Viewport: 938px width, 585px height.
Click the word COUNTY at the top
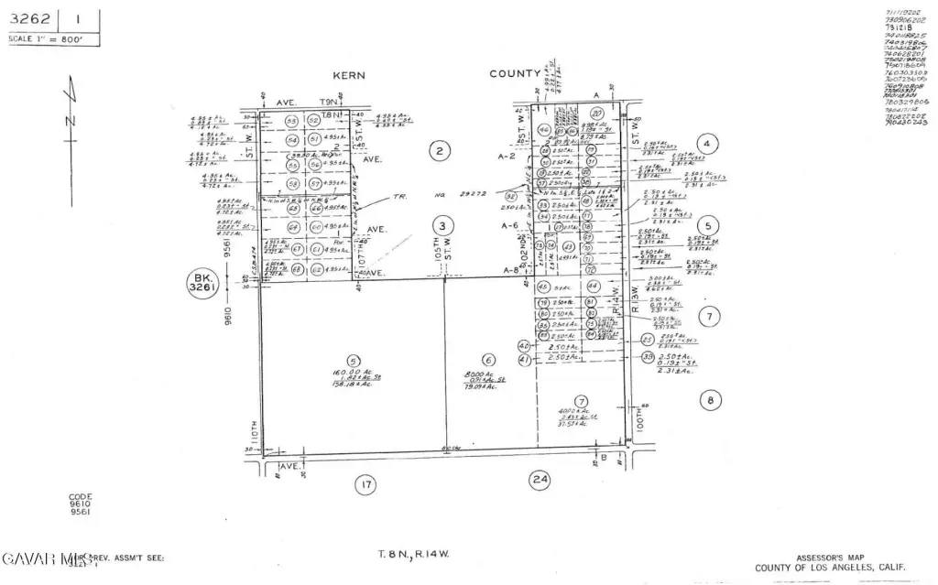[x=514, y=74]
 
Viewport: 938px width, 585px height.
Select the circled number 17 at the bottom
[x=366, y=484]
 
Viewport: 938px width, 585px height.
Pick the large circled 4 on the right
[x=706, y=143]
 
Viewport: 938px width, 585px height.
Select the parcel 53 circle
[x=292, y=121]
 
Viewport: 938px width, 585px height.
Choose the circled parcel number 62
[x=317, y=270]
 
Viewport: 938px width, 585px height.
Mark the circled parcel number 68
[x=296, y=270]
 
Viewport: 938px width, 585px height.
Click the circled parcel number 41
[x=525, y=359]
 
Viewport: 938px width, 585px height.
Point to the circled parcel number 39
[x=649, y=357]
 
